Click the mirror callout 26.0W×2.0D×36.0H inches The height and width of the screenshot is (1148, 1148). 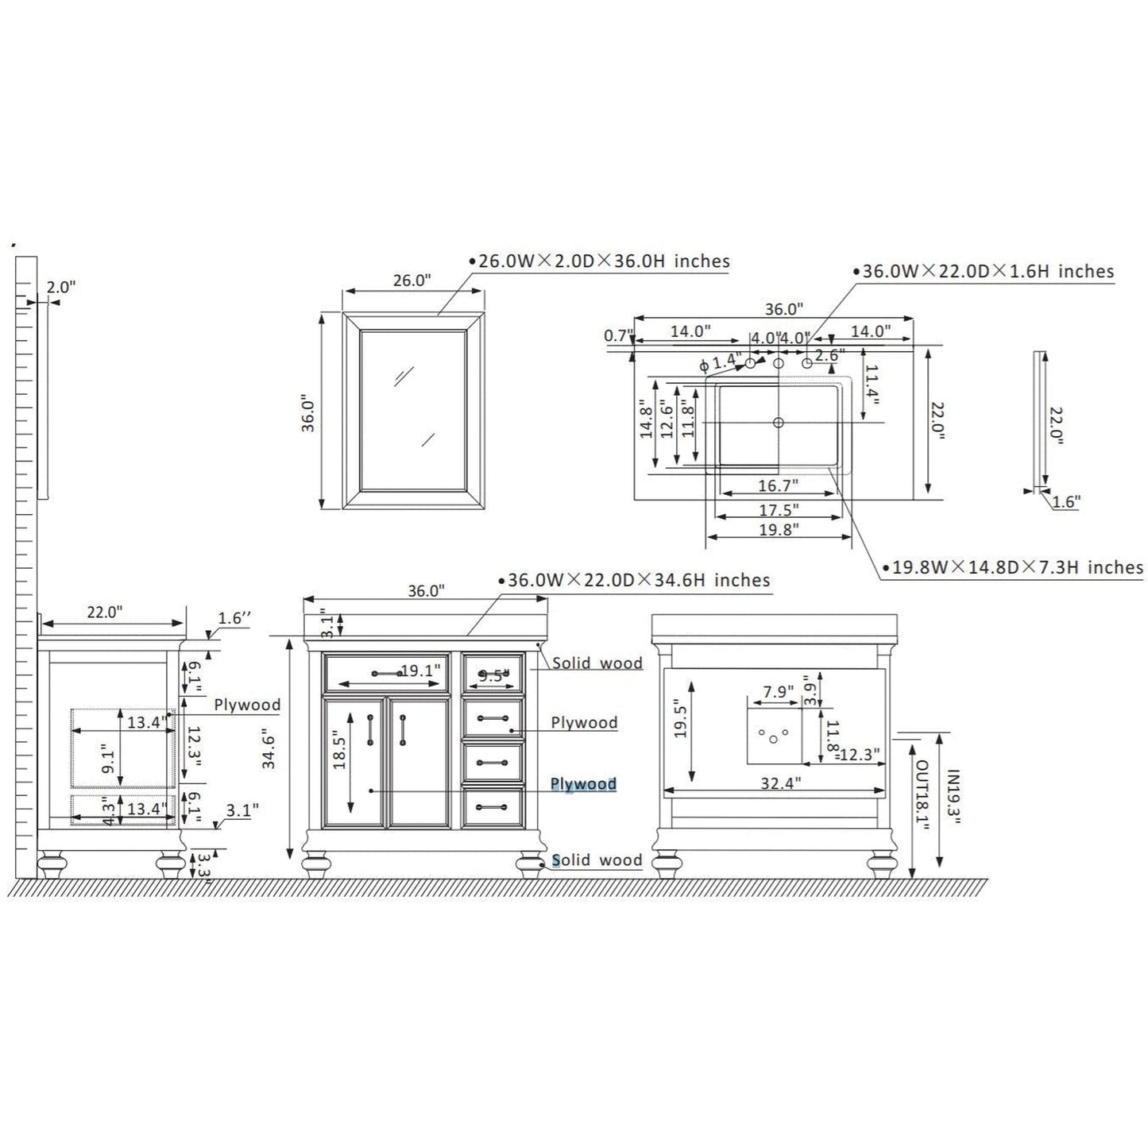click(x=599, y=261)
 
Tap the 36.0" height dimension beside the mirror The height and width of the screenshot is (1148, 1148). click(x=308, y=413)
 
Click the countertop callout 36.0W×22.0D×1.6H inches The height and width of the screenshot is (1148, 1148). click(x=984, y=272)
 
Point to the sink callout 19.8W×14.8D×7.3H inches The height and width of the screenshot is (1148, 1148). click(x=1013, y=567)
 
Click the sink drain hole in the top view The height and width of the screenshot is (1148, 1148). click(x=778, y=423)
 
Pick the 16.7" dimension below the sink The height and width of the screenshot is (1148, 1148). click(x=778, y=485)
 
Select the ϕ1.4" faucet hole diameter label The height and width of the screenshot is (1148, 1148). click(x=721, y=361)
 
